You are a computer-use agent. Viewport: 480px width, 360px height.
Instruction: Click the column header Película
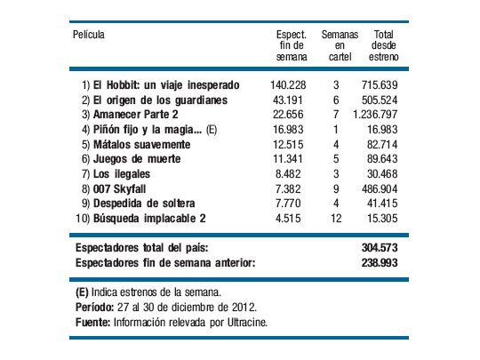point(90,34)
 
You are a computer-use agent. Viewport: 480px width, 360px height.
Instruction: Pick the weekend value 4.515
point(292,214)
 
